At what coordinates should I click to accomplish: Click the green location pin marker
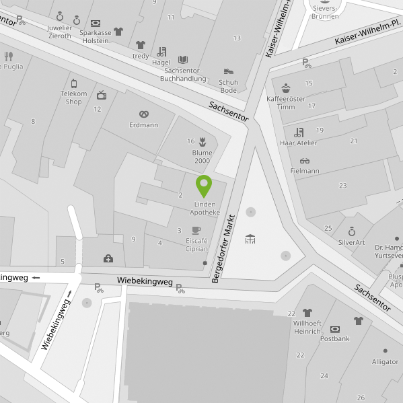[203, 185]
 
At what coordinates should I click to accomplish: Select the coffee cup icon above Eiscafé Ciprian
[196, 230]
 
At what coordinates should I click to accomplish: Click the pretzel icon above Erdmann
[143, 114]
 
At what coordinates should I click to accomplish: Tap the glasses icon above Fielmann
[305, 161]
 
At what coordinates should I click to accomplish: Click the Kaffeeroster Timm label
[285, 102]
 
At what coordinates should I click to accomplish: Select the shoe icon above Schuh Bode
[229, 71]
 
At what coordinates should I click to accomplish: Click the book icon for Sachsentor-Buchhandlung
[183, 59]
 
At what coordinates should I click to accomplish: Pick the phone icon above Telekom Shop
[74, 83]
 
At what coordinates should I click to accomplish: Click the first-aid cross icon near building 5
[108, 258]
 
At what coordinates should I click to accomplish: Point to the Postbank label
[334, 338]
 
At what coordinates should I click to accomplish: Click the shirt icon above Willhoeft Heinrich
[307, 313]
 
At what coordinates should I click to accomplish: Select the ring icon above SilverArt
[351, 231]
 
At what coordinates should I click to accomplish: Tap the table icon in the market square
[250, 239]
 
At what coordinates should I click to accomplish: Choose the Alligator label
[385, 361]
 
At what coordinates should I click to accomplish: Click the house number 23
[342, 185]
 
